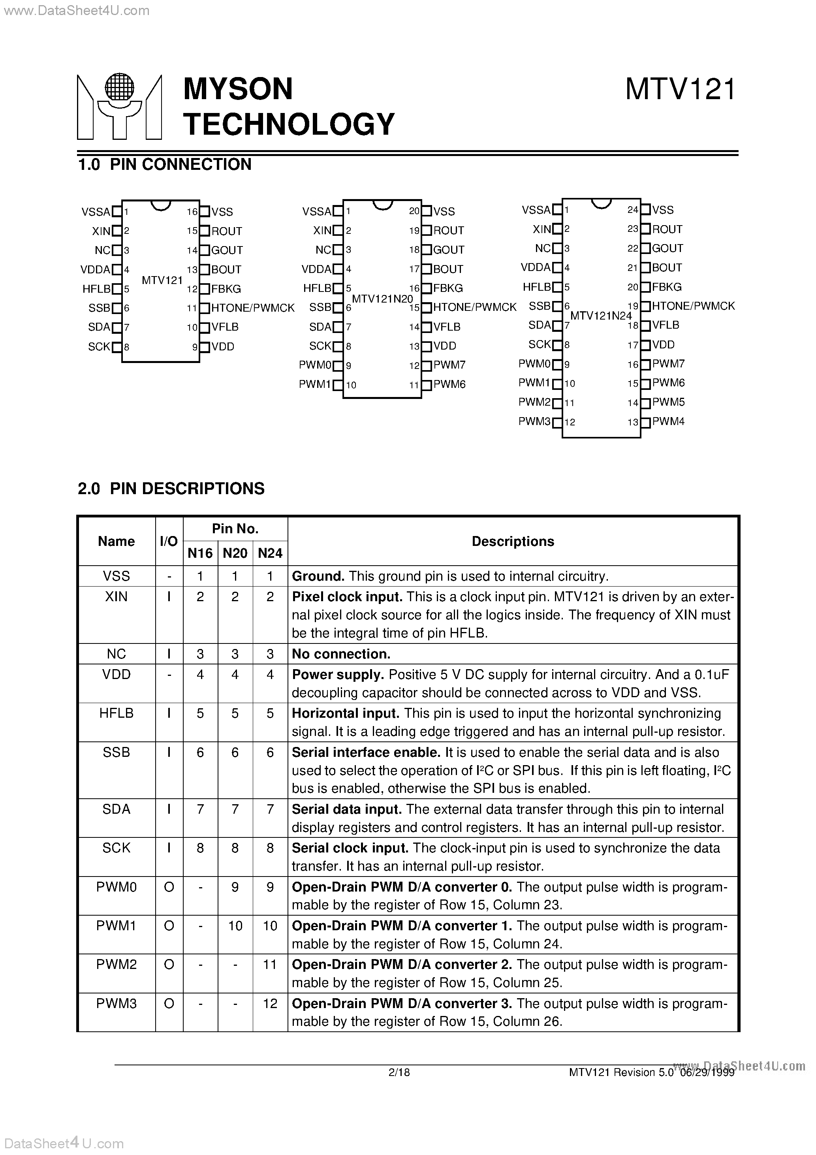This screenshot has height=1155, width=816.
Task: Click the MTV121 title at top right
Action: (680, 90)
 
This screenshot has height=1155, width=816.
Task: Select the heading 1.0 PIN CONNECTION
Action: (165, 164)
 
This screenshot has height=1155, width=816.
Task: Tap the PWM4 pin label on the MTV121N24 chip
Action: (668, 421)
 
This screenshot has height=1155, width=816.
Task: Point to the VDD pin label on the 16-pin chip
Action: (222, 346)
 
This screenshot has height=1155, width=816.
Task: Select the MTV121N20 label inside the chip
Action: (382, 299)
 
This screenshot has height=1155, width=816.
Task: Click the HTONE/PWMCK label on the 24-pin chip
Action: (693, 306)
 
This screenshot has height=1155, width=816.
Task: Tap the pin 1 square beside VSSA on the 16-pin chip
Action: (117, 212)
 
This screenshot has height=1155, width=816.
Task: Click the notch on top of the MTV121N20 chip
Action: (382, 205)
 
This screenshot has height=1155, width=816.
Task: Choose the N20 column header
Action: (235, 553)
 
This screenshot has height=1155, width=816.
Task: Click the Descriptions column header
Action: (513, 541)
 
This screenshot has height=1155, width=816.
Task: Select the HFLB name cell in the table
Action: (116, 713)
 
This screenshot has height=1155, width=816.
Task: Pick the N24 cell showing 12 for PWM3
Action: (270, 1004)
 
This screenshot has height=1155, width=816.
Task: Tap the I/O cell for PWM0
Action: (169, 887)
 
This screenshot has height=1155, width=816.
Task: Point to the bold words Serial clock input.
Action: (350, 848)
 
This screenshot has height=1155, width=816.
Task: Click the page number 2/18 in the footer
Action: (399, 1072)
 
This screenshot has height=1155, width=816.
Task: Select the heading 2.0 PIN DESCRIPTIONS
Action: (171, 489)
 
